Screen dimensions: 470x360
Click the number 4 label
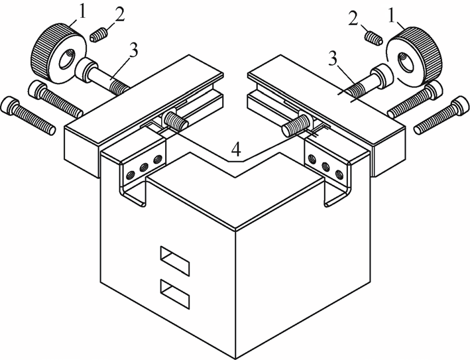tap(237, 150)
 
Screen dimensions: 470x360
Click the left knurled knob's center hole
tap(66, 59)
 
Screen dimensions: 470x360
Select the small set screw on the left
tap(97, 34)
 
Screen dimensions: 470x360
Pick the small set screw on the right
tap(374, 38)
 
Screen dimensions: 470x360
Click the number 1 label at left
tap(82, 13)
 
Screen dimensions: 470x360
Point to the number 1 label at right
tap(391, 16)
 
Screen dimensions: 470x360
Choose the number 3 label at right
tap(333, 60)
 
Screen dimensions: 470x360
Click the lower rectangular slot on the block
tap(175, 294)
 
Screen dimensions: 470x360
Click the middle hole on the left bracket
tap(144, 166)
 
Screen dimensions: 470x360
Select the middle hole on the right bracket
tap(325, 166)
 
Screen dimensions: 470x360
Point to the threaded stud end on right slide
tap(294, 125)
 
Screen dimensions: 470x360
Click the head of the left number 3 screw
tap(86, 70)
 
